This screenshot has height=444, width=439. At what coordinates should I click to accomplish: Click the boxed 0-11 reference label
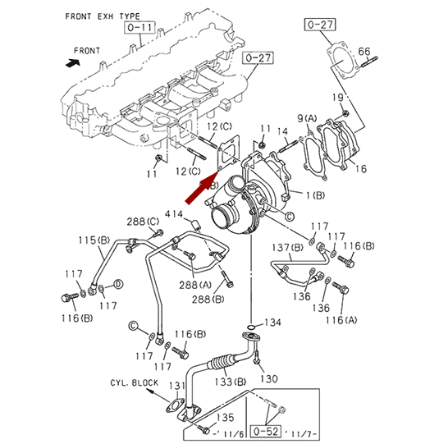coord(139,27)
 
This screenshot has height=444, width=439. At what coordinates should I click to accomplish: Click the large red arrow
coord(202,188)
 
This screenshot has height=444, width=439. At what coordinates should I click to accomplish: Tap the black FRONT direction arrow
coord(73,63)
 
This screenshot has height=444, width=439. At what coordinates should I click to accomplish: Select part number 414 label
coord(174,213)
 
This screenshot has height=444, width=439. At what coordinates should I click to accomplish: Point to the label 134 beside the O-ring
coord(272,323)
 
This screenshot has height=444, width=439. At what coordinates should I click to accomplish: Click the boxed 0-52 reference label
coord(266,431)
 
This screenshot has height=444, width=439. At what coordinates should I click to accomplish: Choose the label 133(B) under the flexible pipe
coord(230,382)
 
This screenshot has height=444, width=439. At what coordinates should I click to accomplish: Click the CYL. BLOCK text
coord(135,382)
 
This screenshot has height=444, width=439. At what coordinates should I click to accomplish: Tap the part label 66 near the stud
coord(364,51)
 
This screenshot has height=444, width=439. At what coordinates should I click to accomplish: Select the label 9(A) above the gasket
coord(307,118)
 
